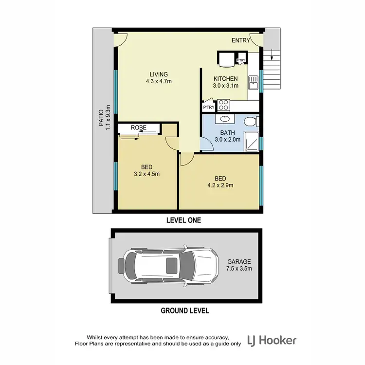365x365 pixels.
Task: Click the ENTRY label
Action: pyautogui.click(x=240, y=40)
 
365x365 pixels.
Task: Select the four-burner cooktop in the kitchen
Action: pyautogui.click(x=223, y=105)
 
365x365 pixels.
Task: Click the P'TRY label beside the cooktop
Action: pyautogui.click(x=208, y=107)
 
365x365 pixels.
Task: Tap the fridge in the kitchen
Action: pyautogui.click(x=226, y=59)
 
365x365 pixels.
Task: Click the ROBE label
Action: pyautogui.click(x=138, y=128)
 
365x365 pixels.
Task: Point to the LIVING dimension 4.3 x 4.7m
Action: pyautogui.click(x=159, y=81)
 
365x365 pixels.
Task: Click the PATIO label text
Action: pyautogui.click(x=101, y=117)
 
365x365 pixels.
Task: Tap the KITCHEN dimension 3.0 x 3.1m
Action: pyautogui.click(x=226, y=86)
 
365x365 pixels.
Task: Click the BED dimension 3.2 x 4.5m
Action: pyautogui.click(x=146, y=173)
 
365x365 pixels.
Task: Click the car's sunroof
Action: pyautogui.click(x=172, y=266)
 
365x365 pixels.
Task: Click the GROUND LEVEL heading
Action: pyautogui.click(x=185, y=310)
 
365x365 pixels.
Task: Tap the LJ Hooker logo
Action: pyautogui.click(x=272, y=340)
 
